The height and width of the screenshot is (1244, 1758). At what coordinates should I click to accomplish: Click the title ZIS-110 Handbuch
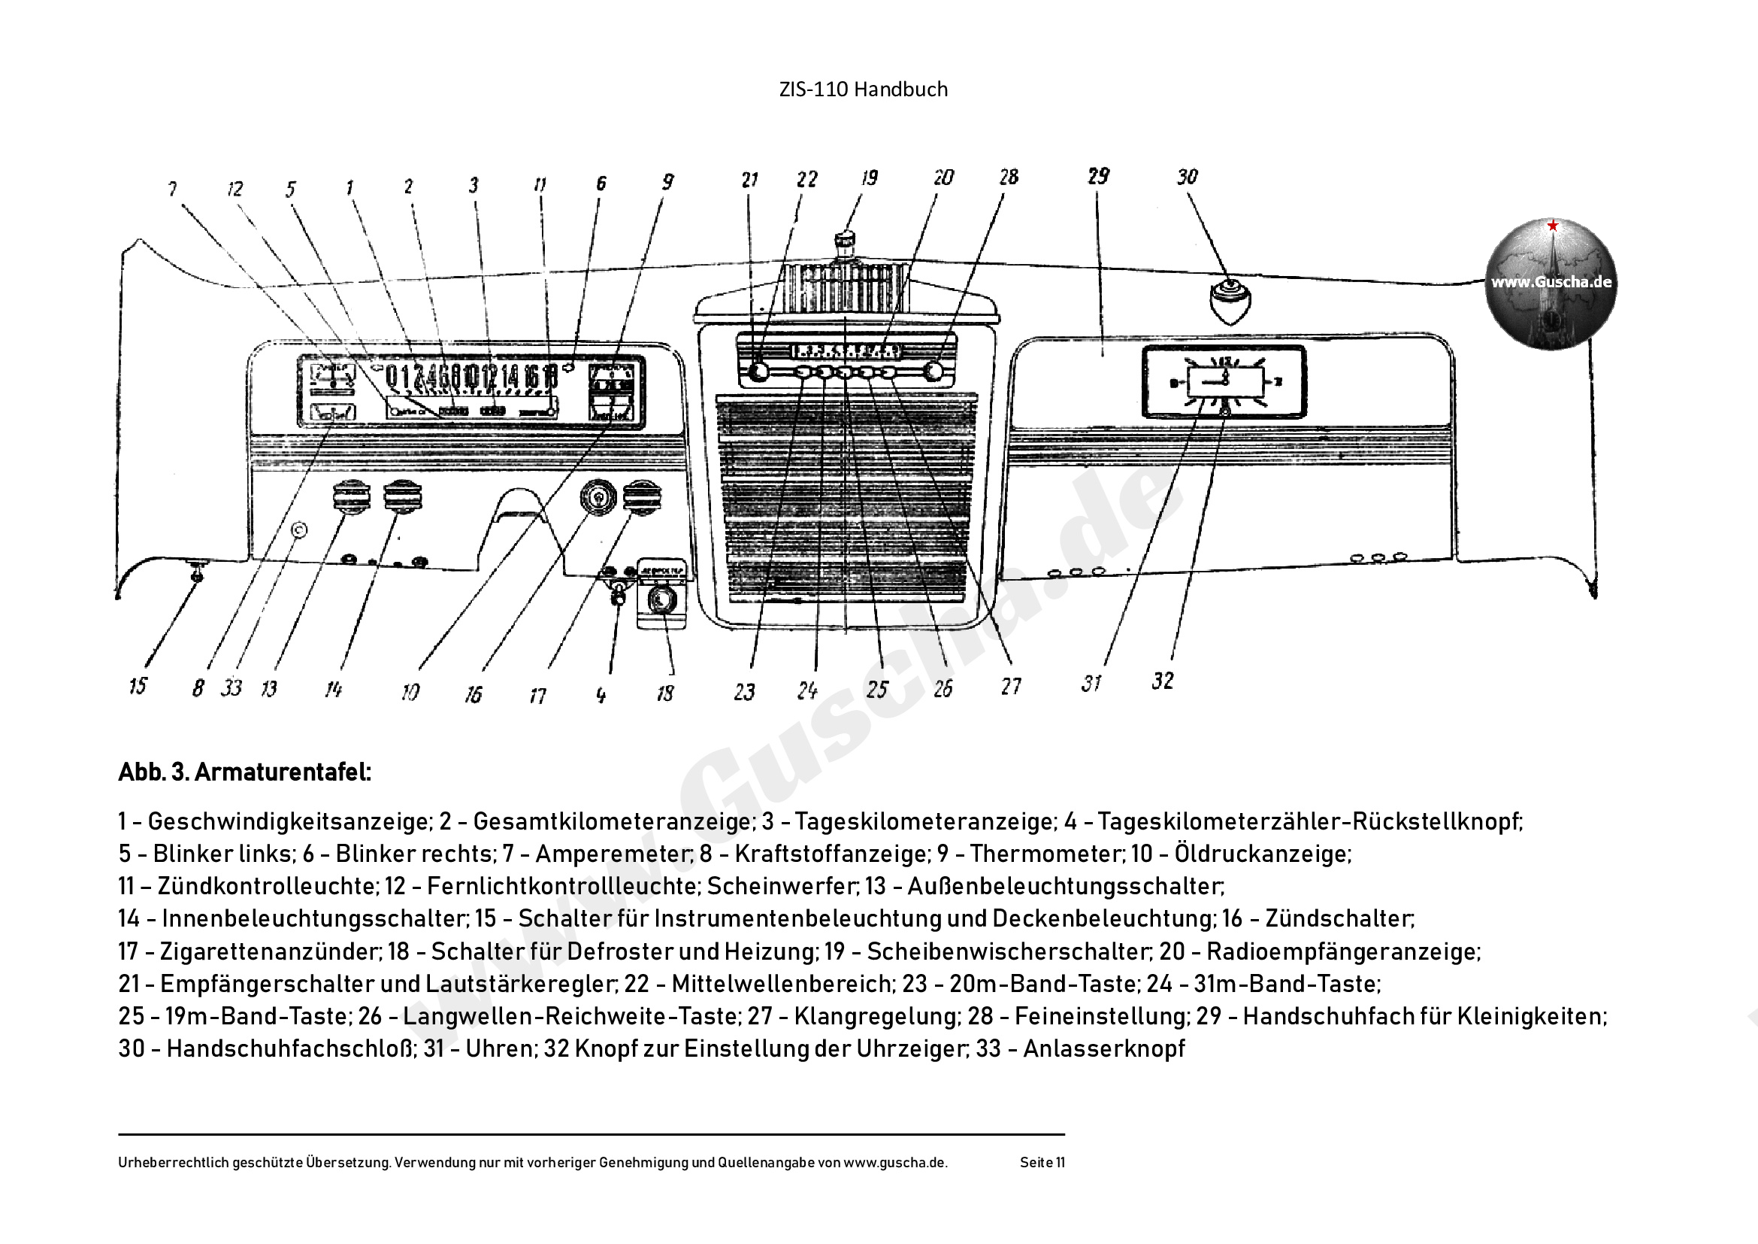coord(863,90)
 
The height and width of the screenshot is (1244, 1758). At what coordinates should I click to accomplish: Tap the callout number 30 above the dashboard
coord(1187,177)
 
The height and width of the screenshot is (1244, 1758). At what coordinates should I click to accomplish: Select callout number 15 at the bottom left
coord(138,686)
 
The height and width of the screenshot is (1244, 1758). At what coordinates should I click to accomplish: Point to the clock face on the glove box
coord(1224,381)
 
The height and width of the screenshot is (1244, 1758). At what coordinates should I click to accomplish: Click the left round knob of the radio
coord(758,372)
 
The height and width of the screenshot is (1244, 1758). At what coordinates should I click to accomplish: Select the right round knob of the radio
coord(933,372)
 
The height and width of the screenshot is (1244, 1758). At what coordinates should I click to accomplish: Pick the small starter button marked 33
coord(300,530)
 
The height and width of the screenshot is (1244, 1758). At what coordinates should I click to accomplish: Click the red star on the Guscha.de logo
coord(1552,226)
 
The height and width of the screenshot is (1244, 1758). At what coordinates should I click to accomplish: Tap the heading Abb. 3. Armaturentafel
coord(244,772)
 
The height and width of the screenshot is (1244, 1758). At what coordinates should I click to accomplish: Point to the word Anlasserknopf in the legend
coord(1103,1048)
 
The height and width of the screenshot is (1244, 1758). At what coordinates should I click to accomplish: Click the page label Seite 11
coord(1042,1163)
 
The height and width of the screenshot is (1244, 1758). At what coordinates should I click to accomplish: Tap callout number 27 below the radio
coord(1011,687)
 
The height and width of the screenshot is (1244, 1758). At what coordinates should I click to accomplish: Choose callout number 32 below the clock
coord(1162,681)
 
